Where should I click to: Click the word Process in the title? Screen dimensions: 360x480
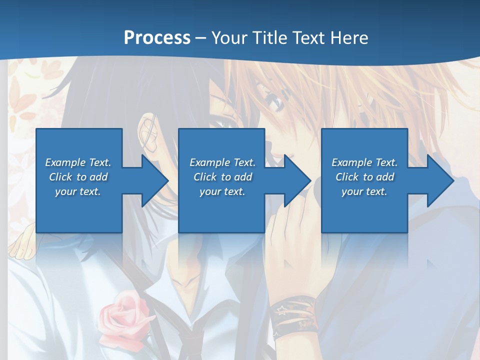(157, 38)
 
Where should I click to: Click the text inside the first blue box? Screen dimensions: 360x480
(78, 177)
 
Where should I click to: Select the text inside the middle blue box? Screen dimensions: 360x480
(222, 177)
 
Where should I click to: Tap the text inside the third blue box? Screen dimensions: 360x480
(364, 177)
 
